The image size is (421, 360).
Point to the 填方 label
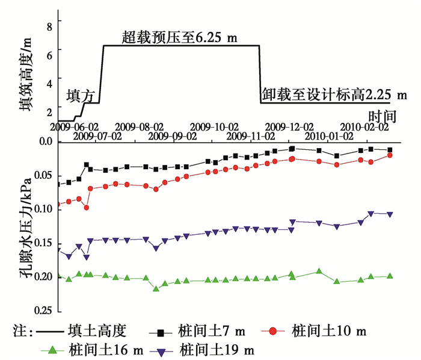click(81, 95)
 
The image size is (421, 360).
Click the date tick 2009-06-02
click(75, 127)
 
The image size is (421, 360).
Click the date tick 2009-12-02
click(289, 127)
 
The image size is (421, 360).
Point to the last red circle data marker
click(390, 155)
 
